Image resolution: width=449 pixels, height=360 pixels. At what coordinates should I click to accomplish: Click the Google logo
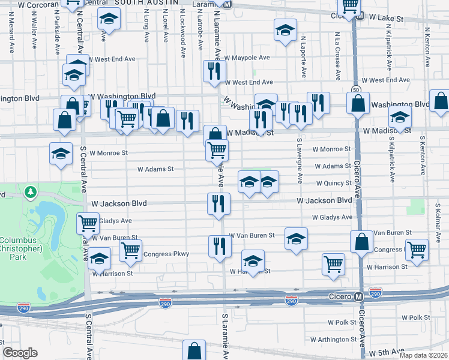tap(20, 353)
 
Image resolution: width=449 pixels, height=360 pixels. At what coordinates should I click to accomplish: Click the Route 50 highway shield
tap(357, 89)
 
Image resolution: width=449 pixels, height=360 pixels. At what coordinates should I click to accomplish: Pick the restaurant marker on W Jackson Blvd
tap(219, 203)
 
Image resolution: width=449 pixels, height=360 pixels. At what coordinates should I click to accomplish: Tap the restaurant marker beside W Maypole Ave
tap(213, 71)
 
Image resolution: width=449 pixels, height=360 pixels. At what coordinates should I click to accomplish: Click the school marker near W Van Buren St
tap(296, 238)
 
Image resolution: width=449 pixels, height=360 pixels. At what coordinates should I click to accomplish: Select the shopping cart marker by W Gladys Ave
tap(88, 223)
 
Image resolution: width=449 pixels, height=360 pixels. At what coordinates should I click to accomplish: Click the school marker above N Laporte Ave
tap(286, 29)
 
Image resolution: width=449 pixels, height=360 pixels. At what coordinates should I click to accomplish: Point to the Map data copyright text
tap(424, 354)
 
